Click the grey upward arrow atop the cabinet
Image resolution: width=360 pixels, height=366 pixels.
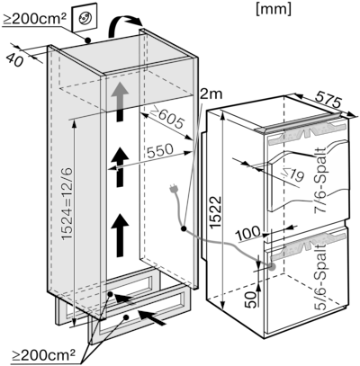[120, 92]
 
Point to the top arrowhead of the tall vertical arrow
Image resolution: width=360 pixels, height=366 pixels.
[220, 114]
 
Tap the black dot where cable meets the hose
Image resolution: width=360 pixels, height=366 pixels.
[184, 230]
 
